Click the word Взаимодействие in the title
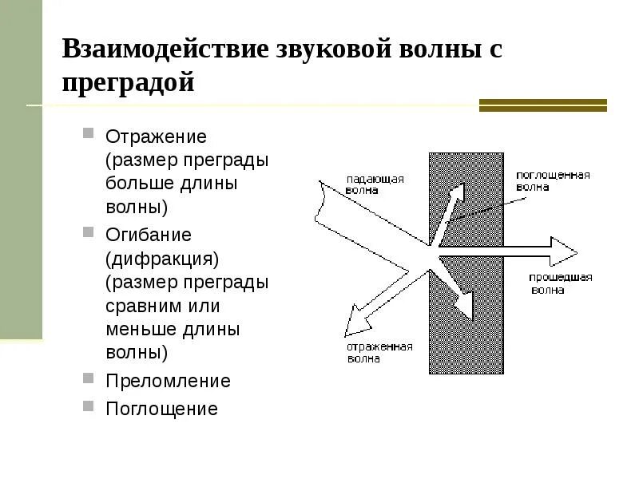pos(165,49)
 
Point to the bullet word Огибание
pos(149,235)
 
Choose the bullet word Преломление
pos(168,381)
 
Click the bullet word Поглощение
pos(161,409)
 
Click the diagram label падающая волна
pos(375,184)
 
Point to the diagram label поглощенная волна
pos(552,180)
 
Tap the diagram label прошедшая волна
pos(560,283)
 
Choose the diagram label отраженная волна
pos(379,352)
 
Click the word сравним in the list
pos(139,306)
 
